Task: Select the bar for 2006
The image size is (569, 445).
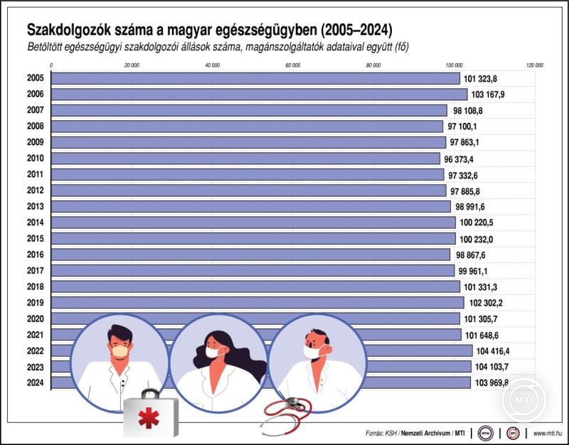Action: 260,94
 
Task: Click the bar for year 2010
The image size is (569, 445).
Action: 246,158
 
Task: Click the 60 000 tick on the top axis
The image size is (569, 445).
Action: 292,65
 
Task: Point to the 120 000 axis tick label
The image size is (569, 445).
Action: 534,65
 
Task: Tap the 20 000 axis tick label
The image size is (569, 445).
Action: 132,65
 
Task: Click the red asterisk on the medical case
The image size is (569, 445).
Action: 149,418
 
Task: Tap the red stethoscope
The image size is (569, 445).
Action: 284,416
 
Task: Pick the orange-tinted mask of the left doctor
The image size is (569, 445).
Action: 120,350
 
